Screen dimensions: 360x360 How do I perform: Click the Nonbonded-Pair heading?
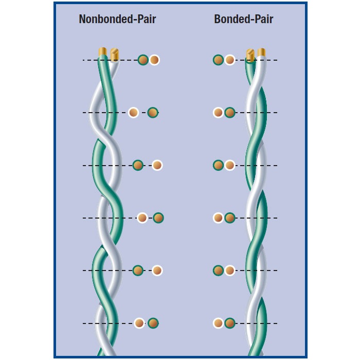pyautogui.click(x=117, y=19)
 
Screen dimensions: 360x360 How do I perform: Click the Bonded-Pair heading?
pyautogui.click(x=244, y=19)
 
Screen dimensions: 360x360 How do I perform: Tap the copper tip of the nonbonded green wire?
pyautogui.click(x=103, y=51)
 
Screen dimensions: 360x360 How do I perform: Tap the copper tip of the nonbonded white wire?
pyautogui.click(x=115, y=55)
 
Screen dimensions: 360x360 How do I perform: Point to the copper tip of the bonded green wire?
pyautogui.click(x=250, y=56)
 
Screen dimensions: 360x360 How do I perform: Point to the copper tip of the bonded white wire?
pyautogui.click(x=261, y=52)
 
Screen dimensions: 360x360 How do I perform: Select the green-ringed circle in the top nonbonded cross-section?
pyautogui.click(x=143, y=60)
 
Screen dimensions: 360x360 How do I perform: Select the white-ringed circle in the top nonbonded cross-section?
pyautogui.click(x=154, y=60)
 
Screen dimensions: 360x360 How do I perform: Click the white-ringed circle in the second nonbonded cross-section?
pyautogui.click(x=133, y=113)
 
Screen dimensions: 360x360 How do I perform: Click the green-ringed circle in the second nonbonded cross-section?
pyautogui.click(x=153, y=113)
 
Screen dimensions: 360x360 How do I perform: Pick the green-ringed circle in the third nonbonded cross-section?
pyautogui.click(x=138, y=165)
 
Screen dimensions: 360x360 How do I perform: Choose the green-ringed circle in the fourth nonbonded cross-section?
pyautogui.click(x=158, y=218)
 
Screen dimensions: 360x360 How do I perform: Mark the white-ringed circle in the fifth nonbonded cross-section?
pyautogui.click(x=157, y=271)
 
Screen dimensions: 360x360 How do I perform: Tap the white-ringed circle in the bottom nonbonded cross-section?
pyautogui.click(x=139, y=323)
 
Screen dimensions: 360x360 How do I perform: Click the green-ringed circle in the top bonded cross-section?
pyautogui.click(x=219, y=60)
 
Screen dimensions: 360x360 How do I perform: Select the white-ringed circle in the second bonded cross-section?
pyautogui.click(x=219, y=113)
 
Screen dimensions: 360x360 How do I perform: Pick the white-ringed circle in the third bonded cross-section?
pyautogui.click(x=230, y=165)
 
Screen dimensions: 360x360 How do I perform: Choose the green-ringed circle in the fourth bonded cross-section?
pyautogui.click(x=230, y=218)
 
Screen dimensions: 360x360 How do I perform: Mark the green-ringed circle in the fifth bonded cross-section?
pyautogui.click(x=219, y=271)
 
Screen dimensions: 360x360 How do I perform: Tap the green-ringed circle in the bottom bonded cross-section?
pyautogui.click(x=230, y=323)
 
